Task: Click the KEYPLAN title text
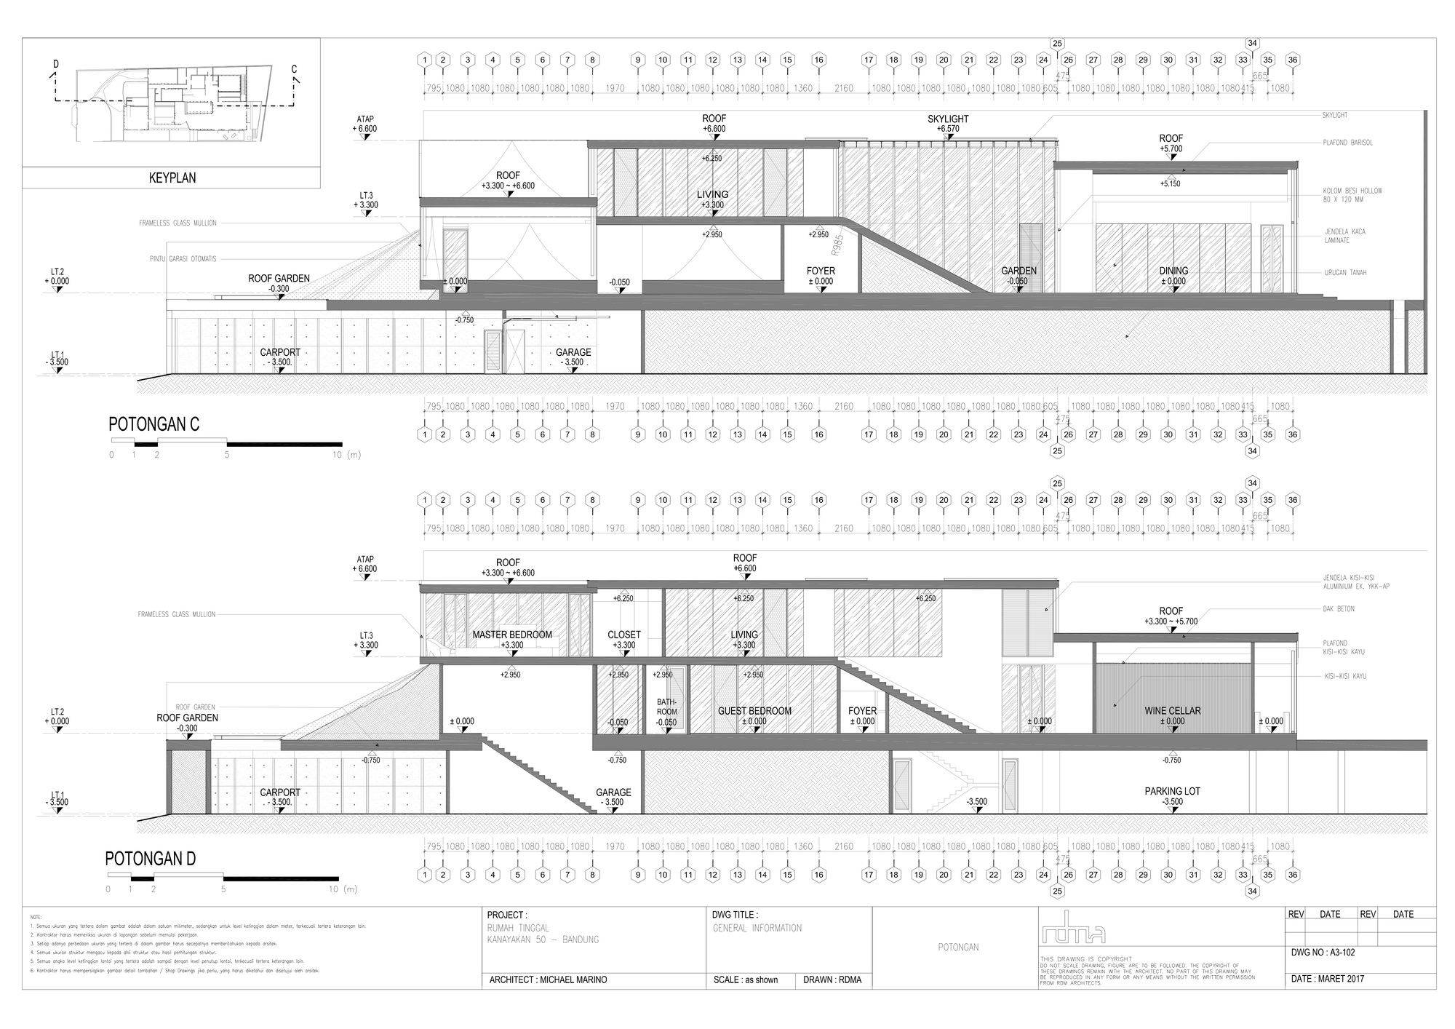(x=172, y=178)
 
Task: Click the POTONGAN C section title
(x=154, y=424)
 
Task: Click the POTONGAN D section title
(x=151, y=859)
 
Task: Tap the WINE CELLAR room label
(x=1172, y=711)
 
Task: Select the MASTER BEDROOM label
(x=512, y=635)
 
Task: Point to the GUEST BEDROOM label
(x=754, y=711)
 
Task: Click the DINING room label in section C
(x=1173, y=271)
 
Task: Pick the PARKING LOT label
(x=1172, y=791)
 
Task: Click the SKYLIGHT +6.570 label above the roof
(x=948, y=119)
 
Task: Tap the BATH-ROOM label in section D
(x=666, y=707)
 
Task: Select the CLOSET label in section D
(x=624, y=635)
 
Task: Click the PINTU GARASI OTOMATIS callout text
(x=178, y=259)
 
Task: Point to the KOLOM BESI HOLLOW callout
(x=1352, y=191)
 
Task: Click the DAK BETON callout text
(x=1339, y=609)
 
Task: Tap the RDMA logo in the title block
(x=1074, y=931)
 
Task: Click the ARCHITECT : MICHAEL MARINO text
(x=548, y=980)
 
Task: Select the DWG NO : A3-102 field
(x=1323, y=952)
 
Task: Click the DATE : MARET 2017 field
(x=1327, y=979)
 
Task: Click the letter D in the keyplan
(x=55, y=64)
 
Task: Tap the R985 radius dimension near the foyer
(x=837, y=245)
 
